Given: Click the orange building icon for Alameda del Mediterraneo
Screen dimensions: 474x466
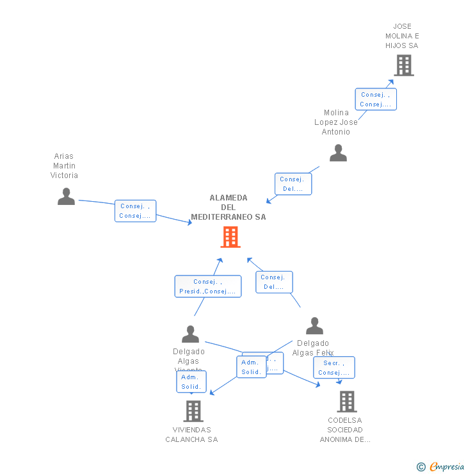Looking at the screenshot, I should point(230,237).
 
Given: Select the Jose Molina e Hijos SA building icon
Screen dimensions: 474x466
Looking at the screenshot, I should point(403,65).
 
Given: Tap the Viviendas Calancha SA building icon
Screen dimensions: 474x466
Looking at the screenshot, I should point(193,411).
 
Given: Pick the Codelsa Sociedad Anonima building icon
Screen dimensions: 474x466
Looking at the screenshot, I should point(346,402).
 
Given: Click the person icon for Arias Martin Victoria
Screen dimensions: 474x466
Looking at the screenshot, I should point(66,196).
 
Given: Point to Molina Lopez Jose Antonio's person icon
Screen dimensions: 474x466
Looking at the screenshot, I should point(338,152).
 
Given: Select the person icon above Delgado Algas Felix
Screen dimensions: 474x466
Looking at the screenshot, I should point(314,326).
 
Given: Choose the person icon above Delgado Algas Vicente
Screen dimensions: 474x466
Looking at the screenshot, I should point(190,334).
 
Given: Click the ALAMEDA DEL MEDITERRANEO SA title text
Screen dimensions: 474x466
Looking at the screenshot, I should point(229,208).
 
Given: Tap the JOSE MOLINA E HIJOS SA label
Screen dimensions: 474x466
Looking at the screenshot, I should point(402,36).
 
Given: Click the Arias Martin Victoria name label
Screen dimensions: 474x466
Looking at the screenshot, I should point(64,166).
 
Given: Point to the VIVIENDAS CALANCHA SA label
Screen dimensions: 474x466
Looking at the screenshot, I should point(191,434).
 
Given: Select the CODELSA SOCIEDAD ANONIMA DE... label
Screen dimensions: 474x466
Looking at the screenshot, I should point(345,430).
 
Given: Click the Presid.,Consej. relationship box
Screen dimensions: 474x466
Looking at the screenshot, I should point(208,286).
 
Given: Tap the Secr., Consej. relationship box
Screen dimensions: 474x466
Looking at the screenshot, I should point(333,368).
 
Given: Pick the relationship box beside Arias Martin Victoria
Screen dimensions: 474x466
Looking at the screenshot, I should point(136,211).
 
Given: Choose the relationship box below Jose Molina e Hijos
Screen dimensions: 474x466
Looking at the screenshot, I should point(376,99).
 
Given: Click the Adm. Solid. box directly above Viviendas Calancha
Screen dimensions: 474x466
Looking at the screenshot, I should point(191,382).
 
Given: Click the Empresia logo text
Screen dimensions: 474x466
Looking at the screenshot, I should point(446,466).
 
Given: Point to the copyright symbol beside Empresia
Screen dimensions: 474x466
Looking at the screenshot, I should point(421,467).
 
